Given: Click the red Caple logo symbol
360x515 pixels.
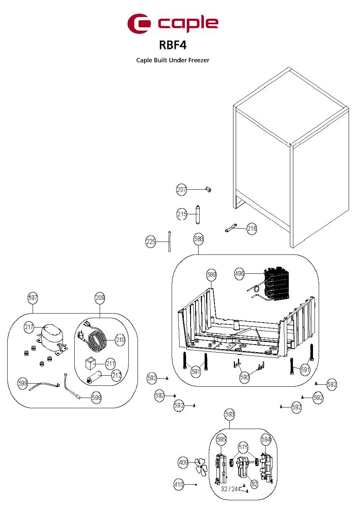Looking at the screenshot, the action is tap(139, 23).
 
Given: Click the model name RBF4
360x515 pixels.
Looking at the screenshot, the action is tap(172, 45).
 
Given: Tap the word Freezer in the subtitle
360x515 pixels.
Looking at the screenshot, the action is tap(199, 60).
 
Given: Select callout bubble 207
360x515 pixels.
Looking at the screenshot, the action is tap(181, 189).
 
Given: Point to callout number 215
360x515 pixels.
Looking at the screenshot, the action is tap(182, 214).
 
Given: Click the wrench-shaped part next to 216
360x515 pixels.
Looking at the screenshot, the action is tap(231, 228).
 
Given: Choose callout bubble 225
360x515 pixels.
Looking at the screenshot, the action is tap(151, 242).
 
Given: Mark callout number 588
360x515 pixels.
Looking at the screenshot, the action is tap(199, 239).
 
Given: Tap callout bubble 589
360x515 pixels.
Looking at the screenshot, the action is tap(211, 275).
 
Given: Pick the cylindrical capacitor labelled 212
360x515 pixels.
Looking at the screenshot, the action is tap(94, 378).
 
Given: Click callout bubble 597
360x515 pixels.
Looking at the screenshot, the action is tap(33, 298).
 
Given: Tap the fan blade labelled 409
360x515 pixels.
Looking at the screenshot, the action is tap(201, 467).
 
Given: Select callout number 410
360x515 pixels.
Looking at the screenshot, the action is tap(179, 485).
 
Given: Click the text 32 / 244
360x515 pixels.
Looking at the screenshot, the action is tap(230, 489).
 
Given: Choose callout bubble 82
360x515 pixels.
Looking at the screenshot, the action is tap(254, 484).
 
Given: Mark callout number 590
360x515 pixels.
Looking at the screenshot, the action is tap(244, 377).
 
